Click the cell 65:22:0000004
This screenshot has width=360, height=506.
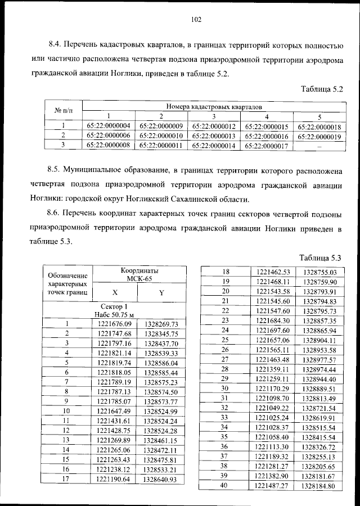109,126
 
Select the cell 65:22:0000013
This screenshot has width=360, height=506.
214,135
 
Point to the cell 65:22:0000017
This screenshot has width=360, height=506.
267,145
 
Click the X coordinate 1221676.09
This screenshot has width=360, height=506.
114,324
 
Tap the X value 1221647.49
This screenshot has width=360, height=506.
114,411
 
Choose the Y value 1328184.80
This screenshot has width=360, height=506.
318,485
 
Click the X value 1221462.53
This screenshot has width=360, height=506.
272,271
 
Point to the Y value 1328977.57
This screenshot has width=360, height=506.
318,359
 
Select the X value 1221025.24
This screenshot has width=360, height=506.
272,418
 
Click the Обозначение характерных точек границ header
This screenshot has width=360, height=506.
67,284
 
